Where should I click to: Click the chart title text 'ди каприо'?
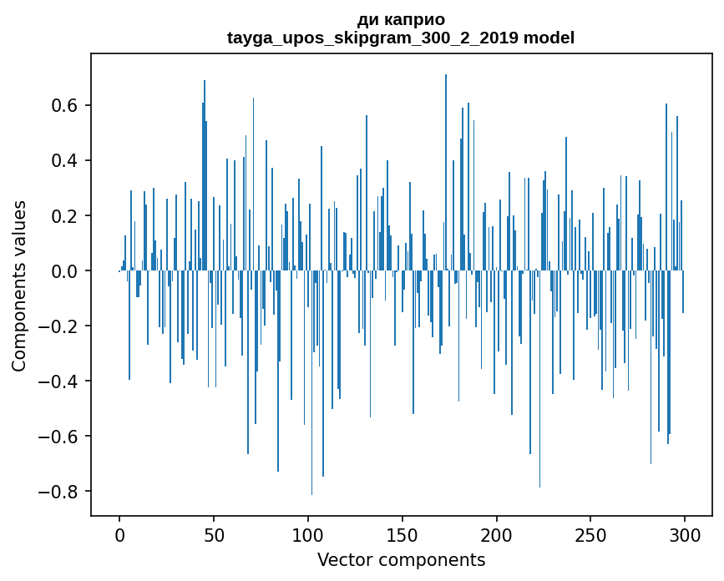pos(401,19)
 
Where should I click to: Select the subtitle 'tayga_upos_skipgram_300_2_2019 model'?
pos(401,38)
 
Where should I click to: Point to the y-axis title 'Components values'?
pos(18,285)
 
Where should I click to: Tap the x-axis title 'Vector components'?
pos(401,559)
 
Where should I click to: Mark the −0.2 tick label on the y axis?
pos(60,326)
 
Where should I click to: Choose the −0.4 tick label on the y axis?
pos(60,381)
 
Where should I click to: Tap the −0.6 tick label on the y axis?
pos(60,436)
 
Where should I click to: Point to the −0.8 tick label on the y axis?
pos(60,491)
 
